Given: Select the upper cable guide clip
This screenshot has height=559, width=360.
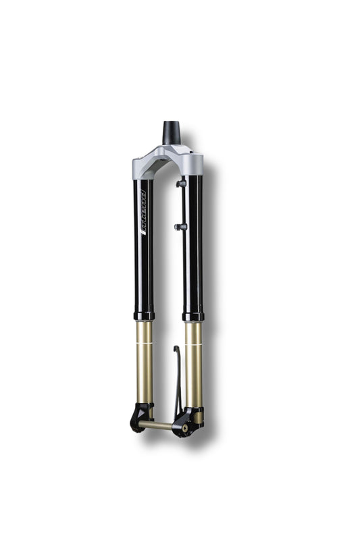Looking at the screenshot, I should [x=181, y=184].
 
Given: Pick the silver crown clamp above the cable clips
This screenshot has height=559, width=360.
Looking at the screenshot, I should [x=194, y=163].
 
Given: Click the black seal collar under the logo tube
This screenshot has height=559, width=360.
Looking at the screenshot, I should [x=144, y=315].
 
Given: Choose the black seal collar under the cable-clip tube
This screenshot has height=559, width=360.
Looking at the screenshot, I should [x=193, y=316].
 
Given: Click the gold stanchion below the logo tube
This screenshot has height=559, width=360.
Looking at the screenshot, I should [x=144, y=365].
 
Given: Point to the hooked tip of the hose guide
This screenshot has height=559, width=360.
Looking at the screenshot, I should [x=176, y=348].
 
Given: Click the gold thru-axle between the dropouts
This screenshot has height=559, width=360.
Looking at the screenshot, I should [x=156, y=425].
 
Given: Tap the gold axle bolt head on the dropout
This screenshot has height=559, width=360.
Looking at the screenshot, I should [x=184, y=428].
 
